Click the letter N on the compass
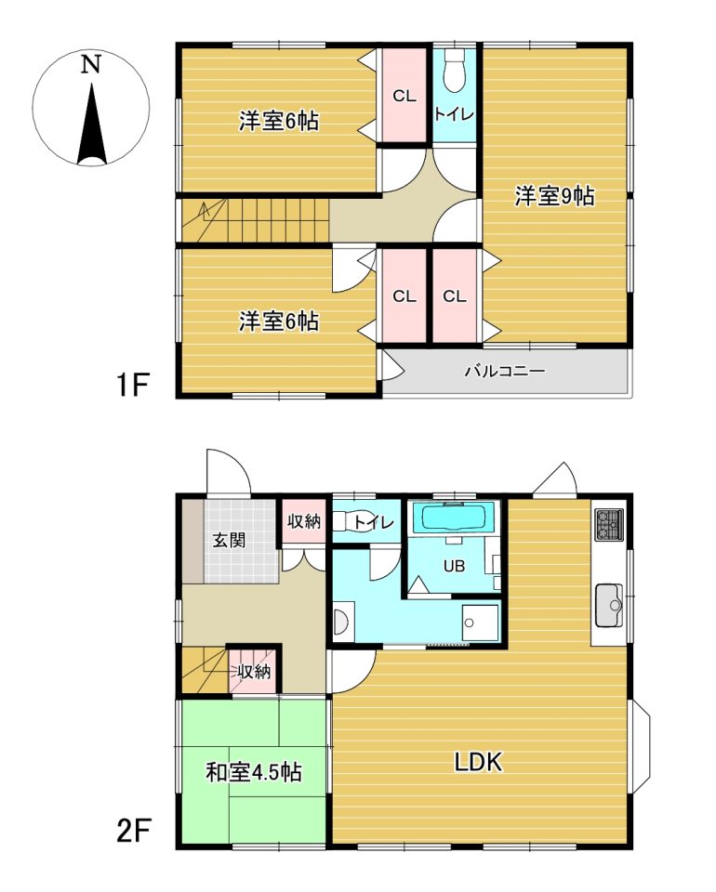[90, 64]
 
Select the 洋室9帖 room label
[554, 196]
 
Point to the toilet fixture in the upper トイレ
[454, 72]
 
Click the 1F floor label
[132, 385]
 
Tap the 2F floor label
[133, 832]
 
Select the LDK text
[478, 762]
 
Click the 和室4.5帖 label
[253, 772]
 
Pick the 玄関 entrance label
[229, 540]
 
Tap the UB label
[454, 566]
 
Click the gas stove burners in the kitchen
[610, 524]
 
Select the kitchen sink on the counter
[610, 605]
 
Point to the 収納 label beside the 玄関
[304, 520]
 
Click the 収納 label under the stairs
[254, 672]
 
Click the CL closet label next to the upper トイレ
[404, 96]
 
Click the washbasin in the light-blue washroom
[342, 623]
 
